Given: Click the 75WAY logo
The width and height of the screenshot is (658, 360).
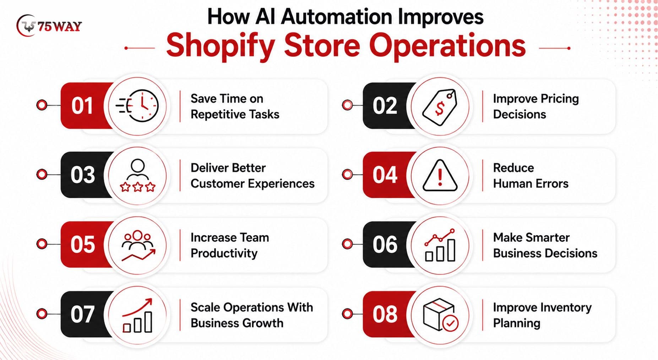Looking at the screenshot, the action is (49, 26).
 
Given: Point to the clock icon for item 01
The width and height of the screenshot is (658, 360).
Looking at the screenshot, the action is (137, 106).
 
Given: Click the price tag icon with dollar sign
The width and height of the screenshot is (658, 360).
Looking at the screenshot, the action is (440, 107).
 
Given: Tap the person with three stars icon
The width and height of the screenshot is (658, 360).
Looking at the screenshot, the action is (137, 175).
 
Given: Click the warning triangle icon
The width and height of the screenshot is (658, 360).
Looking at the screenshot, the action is (440, 175).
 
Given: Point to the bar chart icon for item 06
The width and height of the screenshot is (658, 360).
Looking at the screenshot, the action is (440, 245).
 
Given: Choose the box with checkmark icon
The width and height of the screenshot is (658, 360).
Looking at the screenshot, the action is (440, 315).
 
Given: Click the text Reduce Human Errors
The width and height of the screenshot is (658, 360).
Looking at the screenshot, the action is (531, 175).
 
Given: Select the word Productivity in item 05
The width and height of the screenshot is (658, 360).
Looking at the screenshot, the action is (224, 253).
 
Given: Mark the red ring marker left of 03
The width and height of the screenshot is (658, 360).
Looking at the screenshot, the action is (42, 174).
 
